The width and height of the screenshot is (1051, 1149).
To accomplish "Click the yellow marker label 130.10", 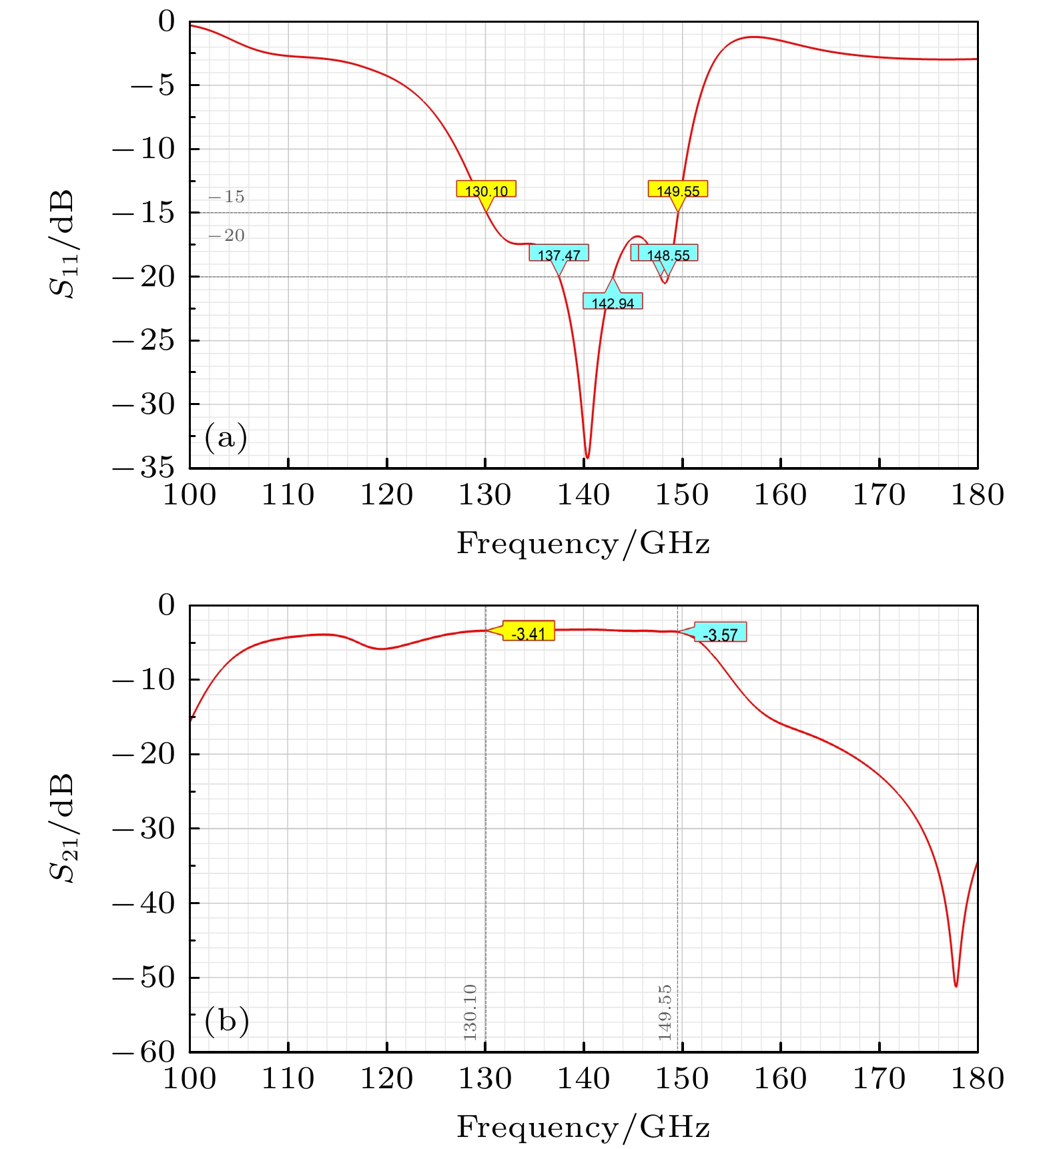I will click(x=486, y=190).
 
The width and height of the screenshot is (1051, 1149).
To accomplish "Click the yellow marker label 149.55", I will click(x=677, y=190).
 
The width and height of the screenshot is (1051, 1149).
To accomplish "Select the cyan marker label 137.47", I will click(x=559, y=254).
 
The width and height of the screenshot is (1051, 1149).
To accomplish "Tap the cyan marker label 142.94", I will click(x=613, y=302).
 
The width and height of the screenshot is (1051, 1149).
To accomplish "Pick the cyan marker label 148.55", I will click(x=667, y=254).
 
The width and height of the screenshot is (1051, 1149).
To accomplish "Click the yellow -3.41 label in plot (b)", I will click(x=528, y=632).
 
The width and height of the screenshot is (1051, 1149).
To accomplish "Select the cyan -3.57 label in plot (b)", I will click(x=720, y=633).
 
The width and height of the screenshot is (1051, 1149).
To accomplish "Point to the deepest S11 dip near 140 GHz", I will click(x=587, y=457).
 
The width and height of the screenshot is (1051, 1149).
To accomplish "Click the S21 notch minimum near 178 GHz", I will click(x=956, y=986).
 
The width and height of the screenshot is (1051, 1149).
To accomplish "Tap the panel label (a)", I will click(x=226, y=437).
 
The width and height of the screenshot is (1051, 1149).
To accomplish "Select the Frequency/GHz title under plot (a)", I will click(x=583, y=543).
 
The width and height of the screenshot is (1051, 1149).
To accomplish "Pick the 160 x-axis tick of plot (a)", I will click(x=780, y=495).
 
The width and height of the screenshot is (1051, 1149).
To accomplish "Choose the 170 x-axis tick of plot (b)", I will click(x=879, y=1079).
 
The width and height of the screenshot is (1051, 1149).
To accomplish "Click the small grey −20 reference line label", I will click(x=226, y=236).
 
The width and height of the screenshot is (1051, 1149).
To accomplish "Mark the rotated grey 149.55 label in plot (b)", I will click(x=665, y=1012).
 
